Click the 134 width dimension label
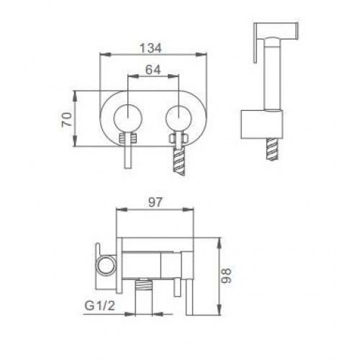pos(150,48)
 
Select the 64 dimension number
pos(153,70)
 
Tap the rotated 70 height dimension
pos(66,120)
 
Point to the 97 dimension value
pos(155,202)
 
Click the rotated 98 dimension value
pos(226,276)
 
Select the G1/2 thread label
pos(100,306)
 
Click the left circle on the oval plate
pos(128,119)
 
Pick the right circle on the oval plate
pos(179,119)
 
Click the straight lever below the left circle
pos(128,156)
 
